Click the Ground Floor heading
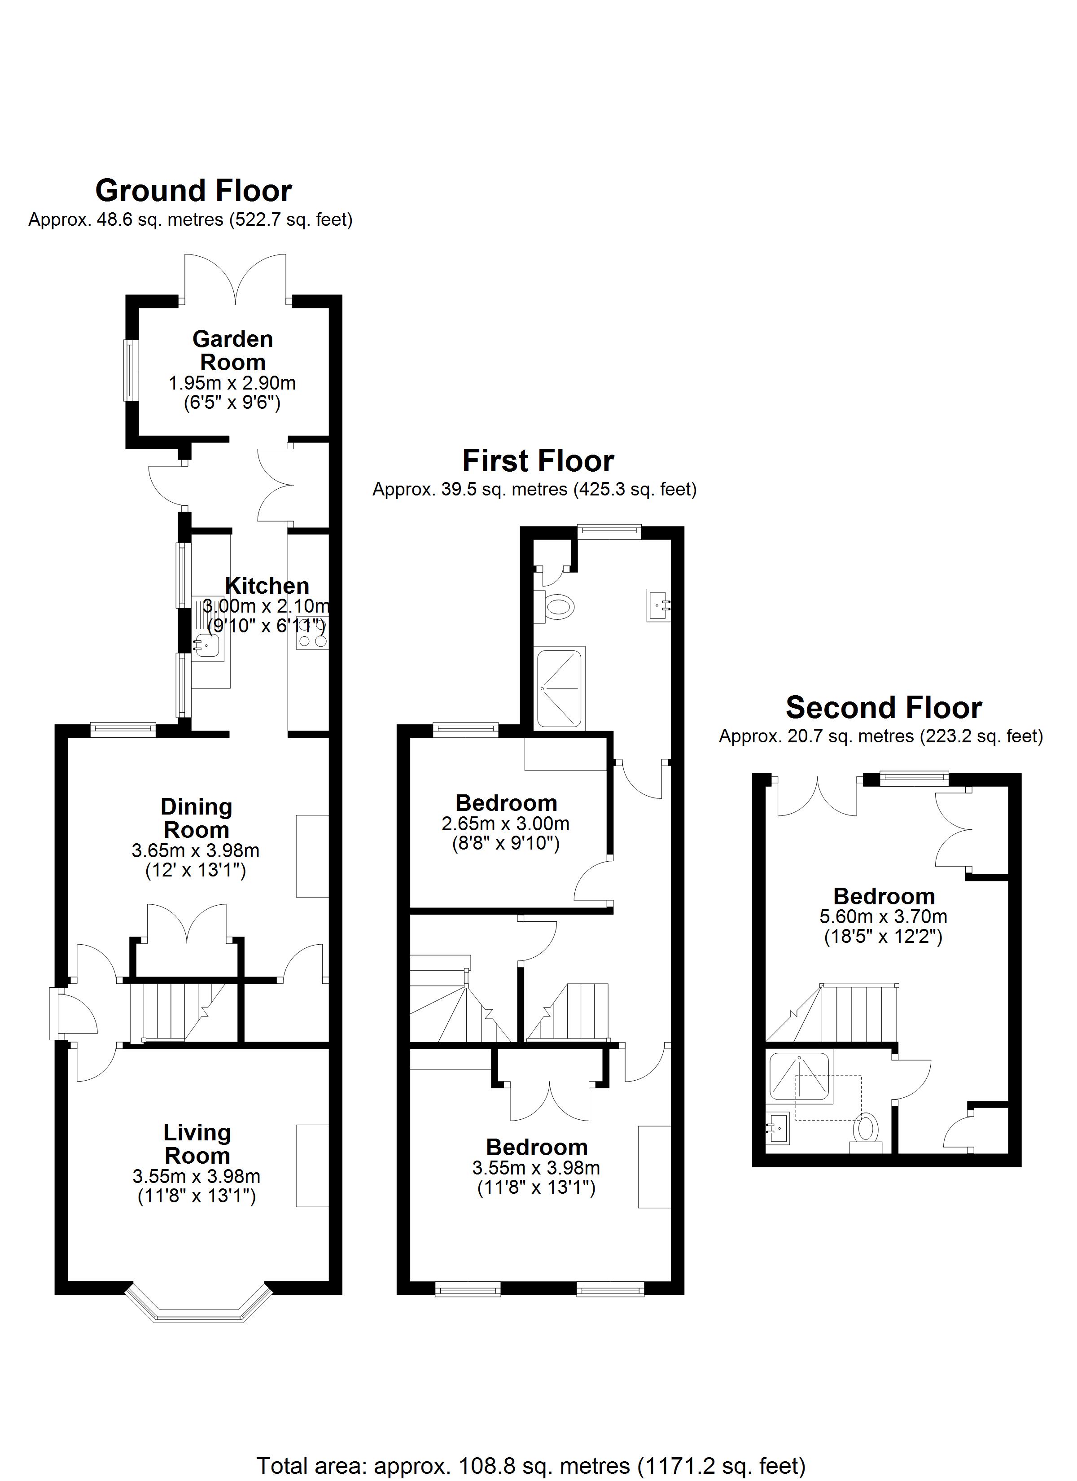pyautogui.click(x=193, y=191)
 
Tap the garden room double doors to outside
pyautogui.click(x=235, y=280)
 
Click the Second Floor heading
pyautogui.click(x=883, y=708)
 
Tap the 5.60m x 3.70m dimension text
pyautogui.click(x=883, y=917)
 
